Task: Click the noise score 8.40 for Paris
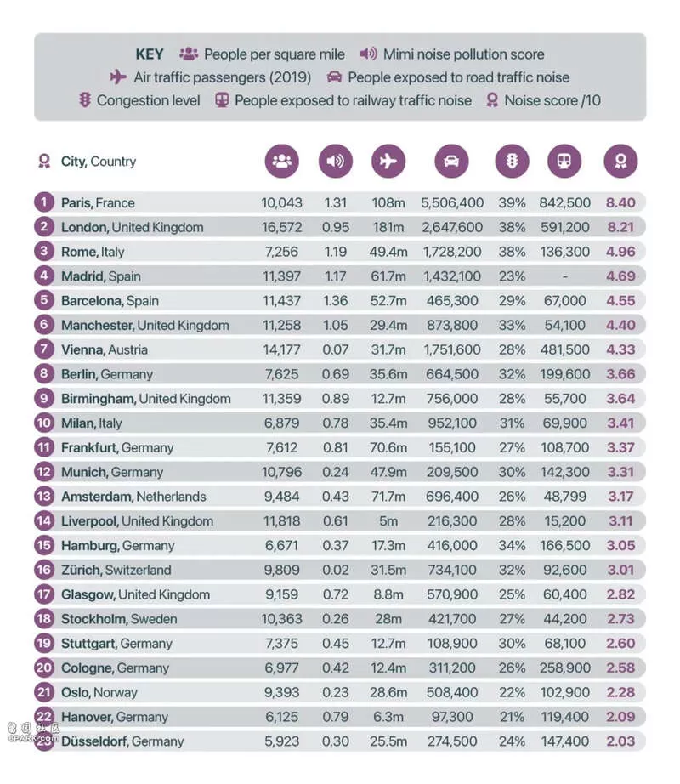(620, 202)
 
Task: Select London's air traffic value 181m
(388, 227)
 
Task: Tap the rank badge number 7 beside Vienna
(44, 349)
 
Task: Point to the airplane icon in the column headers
(388, 161)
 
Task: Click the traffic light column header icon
(512, 161)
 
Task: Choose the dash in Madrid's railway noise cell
(564, 276)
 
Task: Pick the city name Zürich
(82, 570)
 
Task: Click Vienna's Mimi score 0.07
(335, 349)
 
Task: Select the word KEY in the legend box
(150, 54)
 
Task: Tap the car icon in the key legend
(334, 77)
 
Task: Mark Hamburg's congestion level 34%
(512, 545)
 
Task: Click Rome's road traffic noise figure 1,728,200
(452, 252)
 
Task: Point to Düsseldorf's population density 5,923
(282, 741)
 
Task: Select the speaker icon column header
(335, 161)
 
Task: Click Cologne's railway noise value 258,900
(564, 668)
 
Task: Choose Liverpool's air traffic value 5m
(388, 520)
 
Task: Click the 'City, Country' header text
(99, 162)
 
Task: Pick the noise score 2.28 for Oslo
(620, 692)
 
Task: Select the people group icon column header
(282, 161)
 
